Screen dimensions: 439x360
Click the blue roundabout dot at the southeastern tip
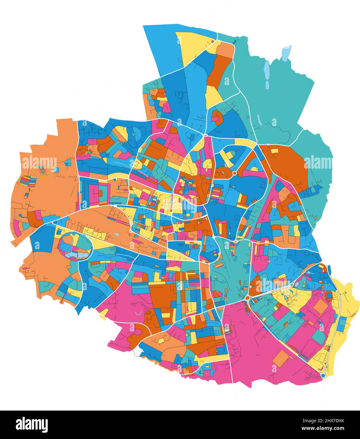click(x=323, y=376)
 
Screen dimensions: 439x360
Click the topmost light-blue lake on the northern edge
click(x=286, y=52)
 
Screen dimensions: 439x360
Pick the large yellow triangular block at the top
click(x=193, y=46)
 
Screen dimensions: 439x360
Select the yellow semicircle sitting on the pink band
click(x=254, y=169)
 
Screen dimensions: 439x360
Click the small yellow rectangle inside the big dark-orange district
click(x=274, y=151)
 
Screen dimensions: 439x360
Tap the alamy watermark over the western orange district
click(x=39, y=162)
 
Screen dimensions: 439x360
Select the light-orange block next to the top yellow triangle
click(x=225, y=50)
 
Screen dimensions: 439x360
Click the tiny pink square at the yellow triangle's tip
click(x=212, y=41)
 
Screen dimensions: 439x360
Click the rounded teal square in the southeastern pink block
click(x=319, y=337)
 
